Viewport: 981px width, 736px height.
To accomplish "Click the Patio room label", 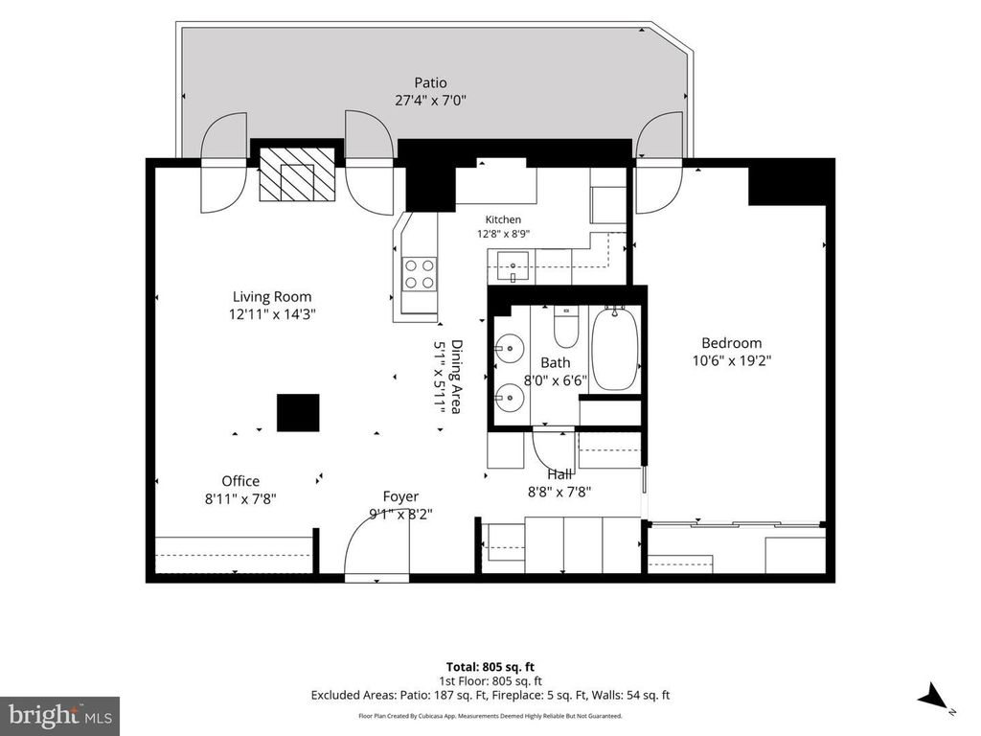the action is coord(430,82).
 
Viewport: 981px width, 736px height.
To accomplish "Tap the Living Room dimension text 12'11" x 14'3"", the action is coord(271,314).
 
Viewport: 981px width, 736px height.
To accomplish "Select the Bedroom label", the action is coord(731,343).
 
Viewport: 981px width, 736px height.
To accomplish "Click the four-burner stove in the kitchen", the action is coord(420,274).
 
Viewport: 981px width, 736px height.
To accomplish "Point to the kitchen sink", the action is coord(513,266).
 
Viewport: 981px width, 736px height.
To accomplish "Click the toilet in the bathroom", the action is coord(566,327).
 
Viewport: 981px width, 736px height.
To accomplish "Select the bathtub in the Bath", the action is coord(615,349).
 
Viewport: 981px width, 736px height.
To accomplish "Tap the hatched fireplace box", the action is coord(297,174).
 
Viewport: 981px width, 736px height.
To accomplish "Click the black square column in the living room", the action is coord(299,412).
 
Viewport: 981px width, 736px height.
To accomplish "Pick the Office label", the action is coord(240,481).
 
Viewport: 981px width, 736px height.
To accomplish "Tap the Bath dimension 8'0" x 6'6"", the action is coord(555,379).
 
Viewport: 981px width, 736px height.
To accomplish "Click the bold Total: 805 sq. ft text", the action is coord(490,667).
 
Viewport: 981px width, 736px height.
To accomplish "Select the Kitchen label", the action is coord(503,219).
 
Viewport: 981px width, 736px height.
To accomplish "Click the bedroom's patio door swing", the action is coord(660,163).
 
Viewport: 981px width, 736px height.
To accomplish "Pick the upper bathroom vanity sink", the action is coord(510,349).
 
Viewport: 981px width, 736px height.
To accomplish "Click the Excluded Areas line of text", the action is coord(490,695).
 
